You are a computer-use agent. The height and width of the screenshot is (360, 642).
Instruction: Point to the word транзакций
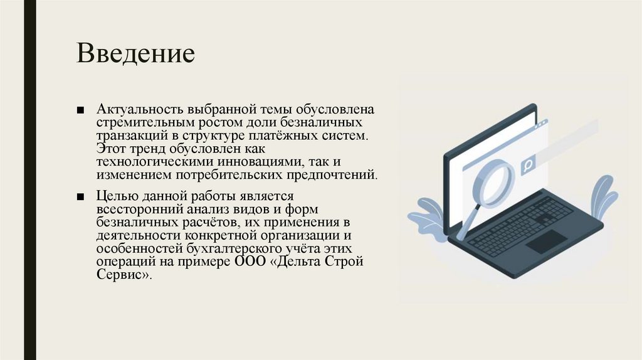(x=128, y=135)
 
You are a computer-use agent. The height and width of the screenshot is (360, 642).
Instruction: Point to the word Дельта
(x=299, y=262)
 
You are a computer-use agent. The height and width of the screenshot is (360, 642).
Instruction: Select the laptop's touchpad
(x=545, y=241)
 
